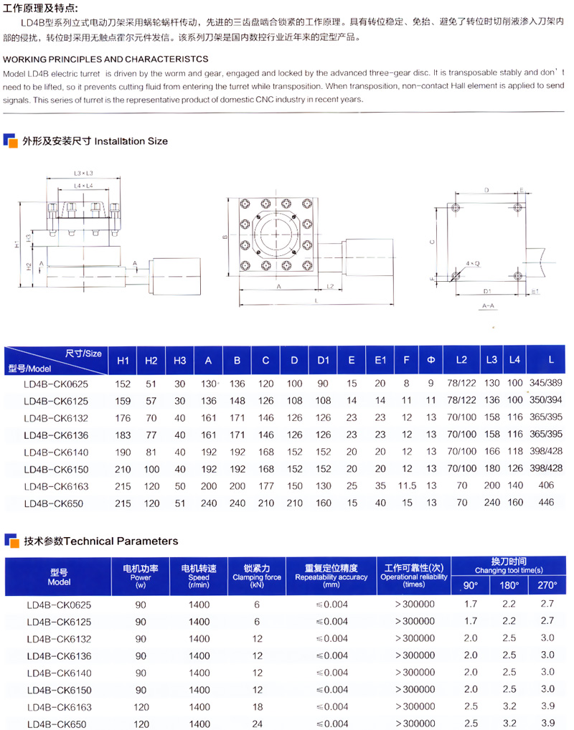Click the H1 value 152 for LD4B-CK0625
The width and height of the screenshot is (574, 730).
tap(123, 384)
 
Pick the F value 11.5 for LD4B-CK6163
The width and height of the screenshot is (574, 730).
tap(406, 486)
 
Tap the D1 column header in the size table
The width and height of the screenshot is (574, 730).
tap(323, 360)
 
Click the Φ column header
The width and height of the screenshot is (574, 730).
tap(430, 360)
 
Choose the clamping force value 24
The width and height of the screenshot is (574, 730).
tap(256, 724)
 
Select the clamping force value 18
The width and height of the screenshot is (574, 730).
tap(256, 707)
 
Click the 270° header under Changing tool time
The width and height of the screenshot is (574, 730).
tap(547, 585)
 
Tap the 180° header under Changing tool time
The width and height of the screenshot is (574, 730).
tap(509, 585)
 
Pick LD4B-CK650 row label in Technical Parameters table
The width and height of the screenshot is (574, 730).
tap(57, 724)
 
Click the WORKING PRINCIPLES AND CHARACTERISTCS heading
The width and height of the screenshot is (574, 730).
tap(105, 58)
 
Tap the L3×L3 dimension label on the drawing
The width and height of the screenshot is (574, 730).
tap(84, 174)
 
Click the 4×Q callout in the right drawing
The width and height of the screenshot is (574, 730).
tap(472, 264)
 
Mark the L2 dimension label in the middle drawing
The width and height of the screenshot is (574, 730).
tap(329, 286)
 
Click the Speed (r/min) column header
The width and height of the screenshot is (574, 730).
tap(199, 577)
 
